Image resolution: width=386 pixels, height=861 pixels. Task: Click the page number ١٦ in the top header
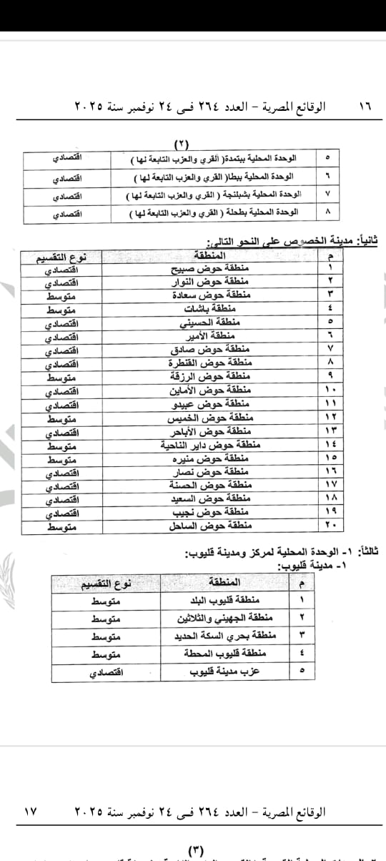click(365, 106)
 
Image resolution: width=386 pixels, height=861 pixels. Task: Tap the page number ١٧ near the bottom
click(29, 812)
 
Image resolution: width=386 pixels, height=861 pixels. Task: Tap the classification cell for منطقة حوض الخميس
click(62, 418)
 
